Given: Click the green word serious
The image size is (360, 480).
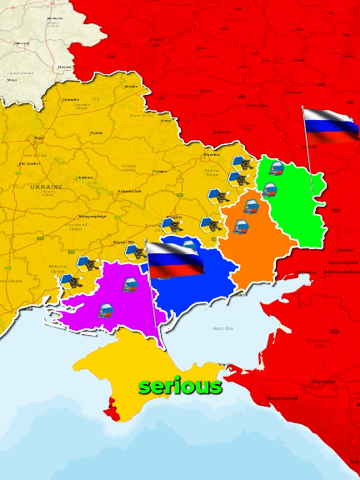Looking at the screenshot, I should [x=180, y=387].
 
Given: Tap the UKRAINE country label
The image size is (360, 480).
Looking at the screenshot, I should [x=46, y=187].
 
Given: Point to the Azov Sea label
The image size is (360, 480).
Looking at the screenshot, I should [x=223, y=328].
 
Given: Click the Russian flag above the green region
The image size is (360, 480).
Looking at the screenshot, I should [x=330, y=125].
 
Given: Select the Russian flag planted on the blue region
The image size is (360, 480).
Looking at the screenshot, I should [x=176, y=260].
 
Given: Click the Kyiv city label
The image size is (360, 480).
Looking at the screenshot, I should [x=38, y=138].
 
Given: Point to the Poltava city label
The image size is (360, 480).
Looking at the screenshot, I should [x=160, y=171].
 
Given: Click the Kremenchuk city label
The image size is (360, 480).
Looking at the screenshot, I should [x=130, y=191].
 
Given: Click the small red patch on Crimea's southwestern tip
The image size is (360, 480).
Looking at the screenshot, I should [x=111, y=407].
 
